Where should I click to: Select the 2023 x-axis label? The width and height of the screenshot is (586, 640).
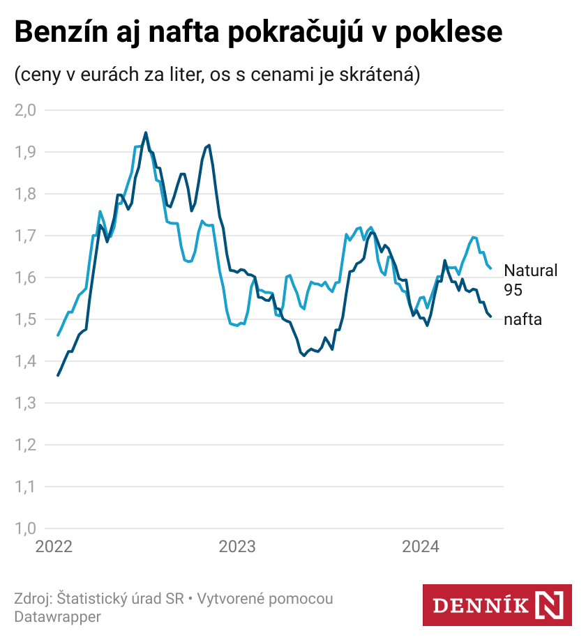click(237, 547)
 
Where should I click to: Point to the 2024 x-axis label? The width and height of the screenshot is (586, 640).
click(421, 547)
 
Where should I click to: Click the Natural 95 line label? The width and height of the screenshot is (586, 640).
click(530, 279)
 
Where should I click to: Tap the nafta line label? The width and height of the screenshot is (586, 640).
click(523, 319)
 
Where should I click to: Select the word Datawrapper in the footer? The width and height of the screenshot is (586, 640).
click(57, 616)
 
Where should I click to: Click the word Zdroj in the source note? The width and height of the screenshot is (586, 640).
click(31, 599)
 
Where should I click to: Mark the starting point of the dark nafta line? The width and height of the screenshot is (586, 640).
click(58, 375)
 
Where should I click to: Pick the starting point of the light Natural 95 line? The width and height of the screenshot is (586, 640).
click(58, 335)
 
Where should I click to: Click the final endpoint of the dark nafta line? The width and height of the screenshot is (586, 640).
click(490, 317)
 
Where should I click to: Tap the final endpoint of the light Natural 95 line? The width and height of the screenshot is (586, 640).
click(490, 268)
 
